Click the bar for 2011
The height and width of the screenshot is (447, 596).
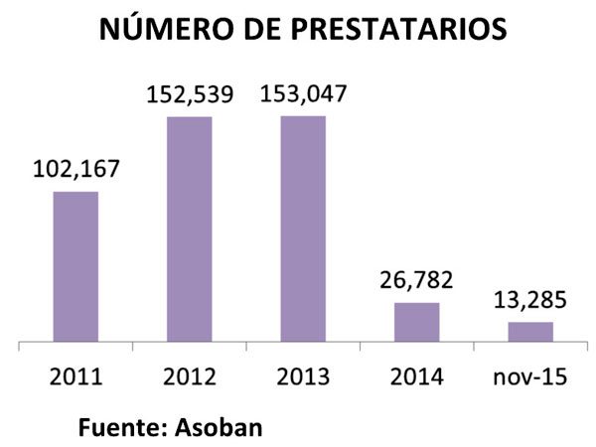75,266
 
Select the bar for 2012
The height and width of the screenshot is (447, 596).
189,229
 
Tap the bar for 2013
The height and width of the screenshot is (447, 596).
303,229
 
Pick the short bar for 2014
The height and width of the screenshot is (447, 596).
416,322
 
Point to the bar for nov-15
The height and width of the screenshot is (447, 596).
530,332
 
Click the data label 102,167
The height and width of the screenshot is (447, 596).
75,170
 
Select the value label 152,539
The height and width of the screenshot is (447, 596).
189,95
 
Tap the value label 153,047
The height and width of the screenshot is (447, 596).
303,95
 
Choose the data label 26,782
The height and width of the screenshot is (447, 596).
416,281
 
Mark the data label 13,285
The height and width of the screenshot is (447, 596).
530,300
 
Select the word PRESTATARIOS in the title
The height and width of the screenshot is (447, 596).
396,30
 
